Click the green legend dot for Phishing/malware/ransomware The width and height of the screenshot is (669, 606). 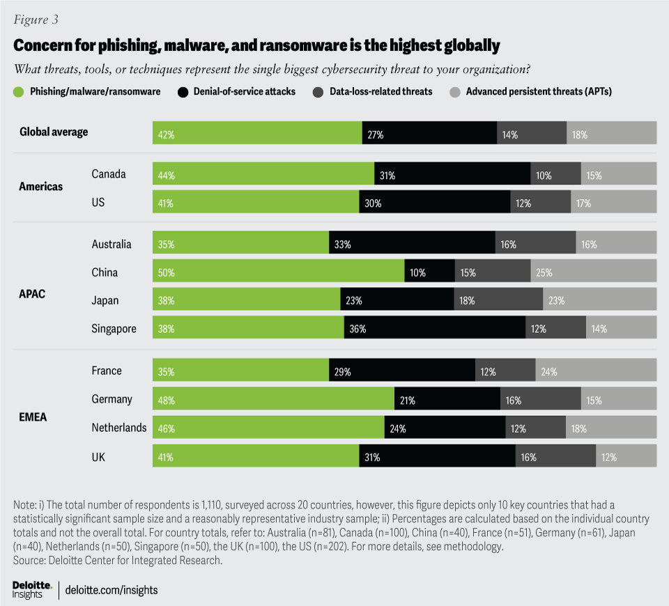pyautogui.click(x=19, y=91)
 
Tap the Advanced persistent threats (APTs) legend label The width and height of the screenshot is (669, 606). pyautogui.click(x=538, y=91)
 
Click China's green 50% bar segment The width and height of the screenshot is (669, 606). pyautogui.click(x=278, y=272)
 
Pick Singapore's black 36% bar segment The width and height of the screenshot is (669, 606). pyautogui.click(x=435, y=328)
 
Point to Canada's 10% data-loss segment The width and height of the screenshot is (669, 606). pyautogui.click(x=555, y=174)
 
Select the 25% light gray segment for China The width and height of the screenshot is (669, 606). pyautogui.click(x=593, y=272)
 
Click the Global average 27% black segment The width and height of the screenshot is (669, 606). pyautogui.click(x=429, y=132)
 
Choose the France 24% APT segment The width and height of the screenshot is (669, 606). pyautogui.click(x=596, y=371)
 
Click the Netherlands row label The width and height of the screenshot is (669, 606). pyautogui.click(x=119, y=427)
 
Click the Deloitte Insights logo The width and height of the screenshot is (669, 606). pyautogui.click(x=32, y=589)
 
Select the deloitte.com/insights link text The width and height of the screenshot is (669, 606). pyautogui.click(x=111, y=590)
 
